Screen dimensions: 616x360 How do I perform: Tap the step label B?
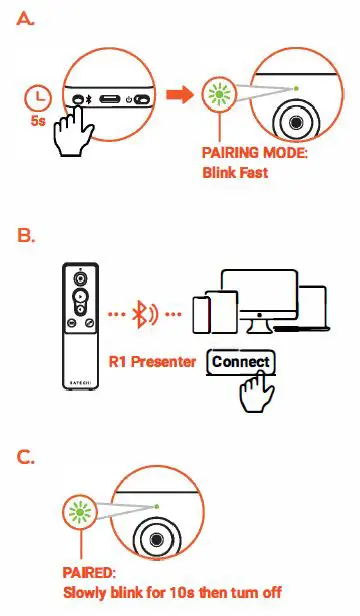point(26,237)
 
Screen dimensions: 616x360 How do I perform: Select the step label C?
point(26,457)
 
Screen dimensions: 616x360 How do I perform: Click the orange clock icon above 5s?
point(38,98)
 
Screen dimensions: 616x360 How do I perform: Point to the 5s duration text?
point(38,121)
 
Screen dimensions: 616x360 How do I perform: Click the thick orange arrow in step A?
point(178,95)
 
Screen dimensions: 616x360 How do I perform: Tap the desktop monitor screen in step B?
point(259,293)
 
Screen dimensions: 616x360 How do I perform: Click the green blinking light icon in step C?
point(76,514)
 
